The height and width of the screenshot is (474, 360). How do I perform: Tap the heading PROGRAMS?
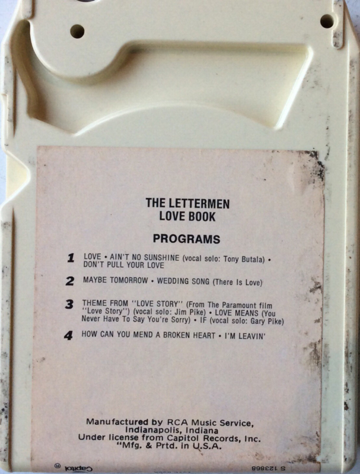[x=186, y=239]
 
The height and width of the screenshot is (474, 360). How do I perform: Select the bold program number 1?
[x=71, y=258]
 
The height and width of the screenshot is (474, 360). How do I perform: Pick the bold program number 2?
[x=70, y=281]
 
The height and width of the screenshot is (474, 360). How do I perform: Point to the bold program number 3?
[x=69, y=304]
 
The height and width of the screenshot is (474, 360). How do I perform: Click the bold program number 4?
[x=69, y=335]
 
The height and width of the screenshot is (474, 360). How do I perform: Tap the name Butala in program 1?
[x=253, y=260]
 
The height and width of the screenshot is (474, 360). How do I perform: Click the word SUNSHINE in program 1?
[x=161, y=258]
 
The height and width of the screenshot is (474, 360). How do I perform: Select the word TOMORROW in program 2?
[x=129, y=280]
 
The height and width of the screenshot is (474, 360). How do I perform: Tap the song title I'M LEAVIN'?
[x=245, y=335]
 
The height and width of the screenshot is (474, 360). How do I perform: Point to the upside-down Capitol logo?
[x=79, y=469]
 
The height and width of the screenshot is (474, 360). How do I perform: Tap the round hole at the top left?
[x=77, y=31]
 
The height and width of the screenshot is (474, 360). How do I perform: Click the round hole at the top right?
[x=327, y=21]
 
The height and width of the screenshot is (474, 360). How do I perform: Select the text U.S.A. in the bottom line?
[x=208, y=446]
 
